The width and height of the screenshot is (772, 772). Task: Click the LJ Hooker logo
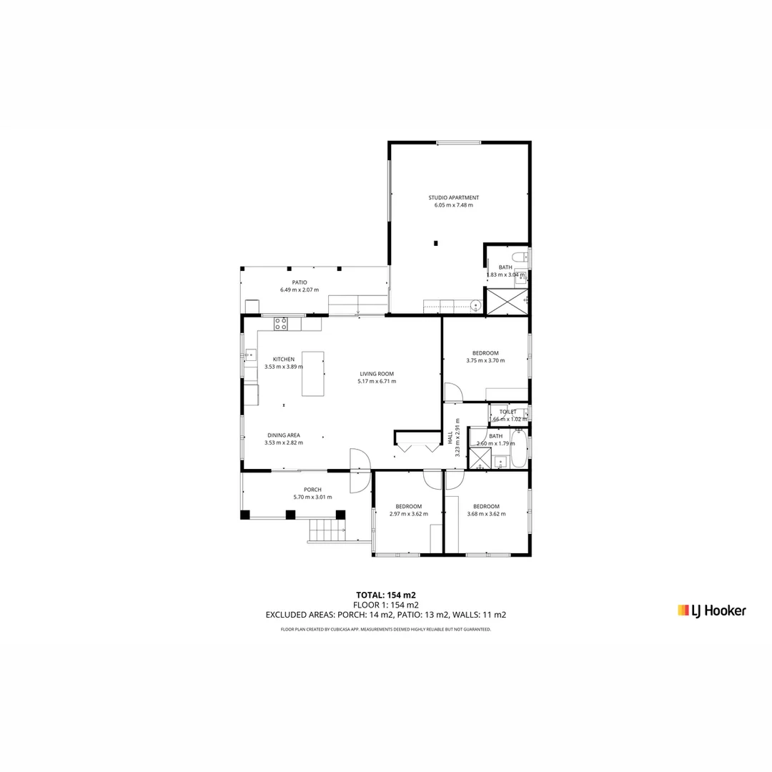click(x=711, y=610)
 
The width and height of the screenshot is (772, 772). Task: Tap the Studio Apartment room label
click(x=453, y=197)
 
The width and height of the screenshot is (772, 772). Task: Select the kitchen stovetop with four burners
click(x=281, y=324)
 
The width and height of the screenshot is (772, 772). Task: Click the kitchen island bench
click(x=312, y=373)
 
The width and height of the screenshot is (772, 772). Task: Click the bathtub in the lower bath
click(x=518, y=448)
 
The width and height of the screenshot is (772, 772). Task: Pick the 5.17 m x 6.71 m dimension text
click(x=377, y=382)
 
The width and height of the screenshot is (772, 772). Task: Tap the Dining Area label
click(x=284, y=435)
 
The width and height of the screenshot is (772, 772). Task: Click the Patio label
click(x=300, y=282)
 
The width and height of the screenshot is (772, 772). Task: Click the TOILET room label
click(x=508, y=412)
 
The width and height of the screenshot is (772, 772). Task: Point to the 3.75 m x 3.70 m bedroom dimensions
click(x=485, y=361)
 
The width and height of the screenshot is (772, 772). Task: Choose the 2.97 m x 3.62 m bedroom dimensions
click(x=409, y=514)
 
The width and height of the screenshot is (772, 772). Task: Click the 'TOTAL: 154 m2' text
click(x=386, y=595)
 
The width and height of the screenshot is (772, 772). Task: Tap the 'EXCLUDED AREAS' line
click(x=386, y=615)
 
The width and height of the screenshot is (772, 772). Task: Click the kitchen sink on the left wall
click(x=250, y=355)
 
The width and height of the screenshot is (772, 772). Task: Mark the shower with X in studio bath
click(x=506, y=302)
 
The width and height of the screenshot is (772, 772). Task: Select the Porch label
click(x=312, y=490)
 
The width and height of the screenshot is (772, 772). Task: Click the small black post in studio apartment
click(x=435, y=243)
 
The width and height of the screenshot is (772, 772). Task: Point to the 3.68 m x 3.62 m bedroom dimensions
click(x=486, y=514)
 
